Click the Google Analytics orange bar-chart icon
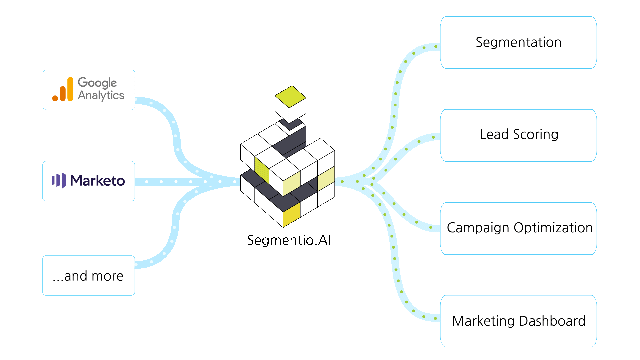[63, 89]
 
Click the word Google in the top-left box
[97, 83]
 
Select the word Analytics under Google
[101, 95]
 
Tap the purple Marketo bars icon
[59, 181]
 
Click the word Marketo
[97, 181]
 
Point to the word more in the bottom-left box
[107, 276]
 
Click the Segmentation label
[518, 42]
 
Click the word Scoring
[536, 135]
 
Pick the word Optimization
[553, 228]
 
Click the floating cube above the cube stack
[290, 105]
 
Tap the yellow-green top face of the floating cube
[290, 96]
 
